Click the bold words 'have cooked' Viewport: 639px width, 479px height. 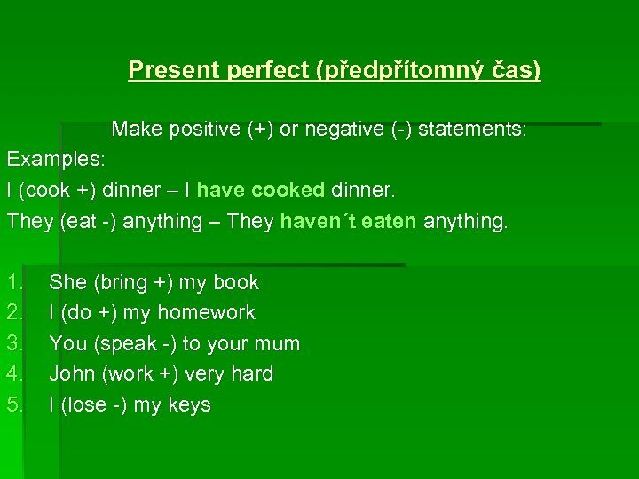click(261, 190)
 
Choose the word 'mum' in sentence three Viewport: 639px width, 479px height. click(279, 343)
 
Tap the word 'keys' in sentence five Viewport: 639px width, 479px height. click(190, 404)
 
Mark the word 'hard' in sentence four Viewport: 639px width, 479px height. click(252, 374)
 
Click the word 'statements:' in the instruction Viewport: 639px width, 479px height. click(472, 130)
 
